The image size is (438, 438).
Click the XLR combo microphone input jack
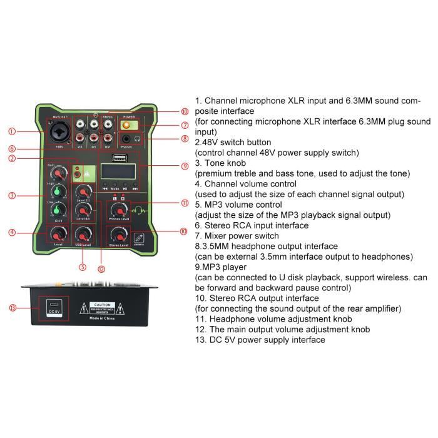point(59,133)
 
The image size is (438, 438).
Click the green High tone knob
point(59,192)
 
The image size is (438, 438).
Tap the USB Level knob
point(82,235)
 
